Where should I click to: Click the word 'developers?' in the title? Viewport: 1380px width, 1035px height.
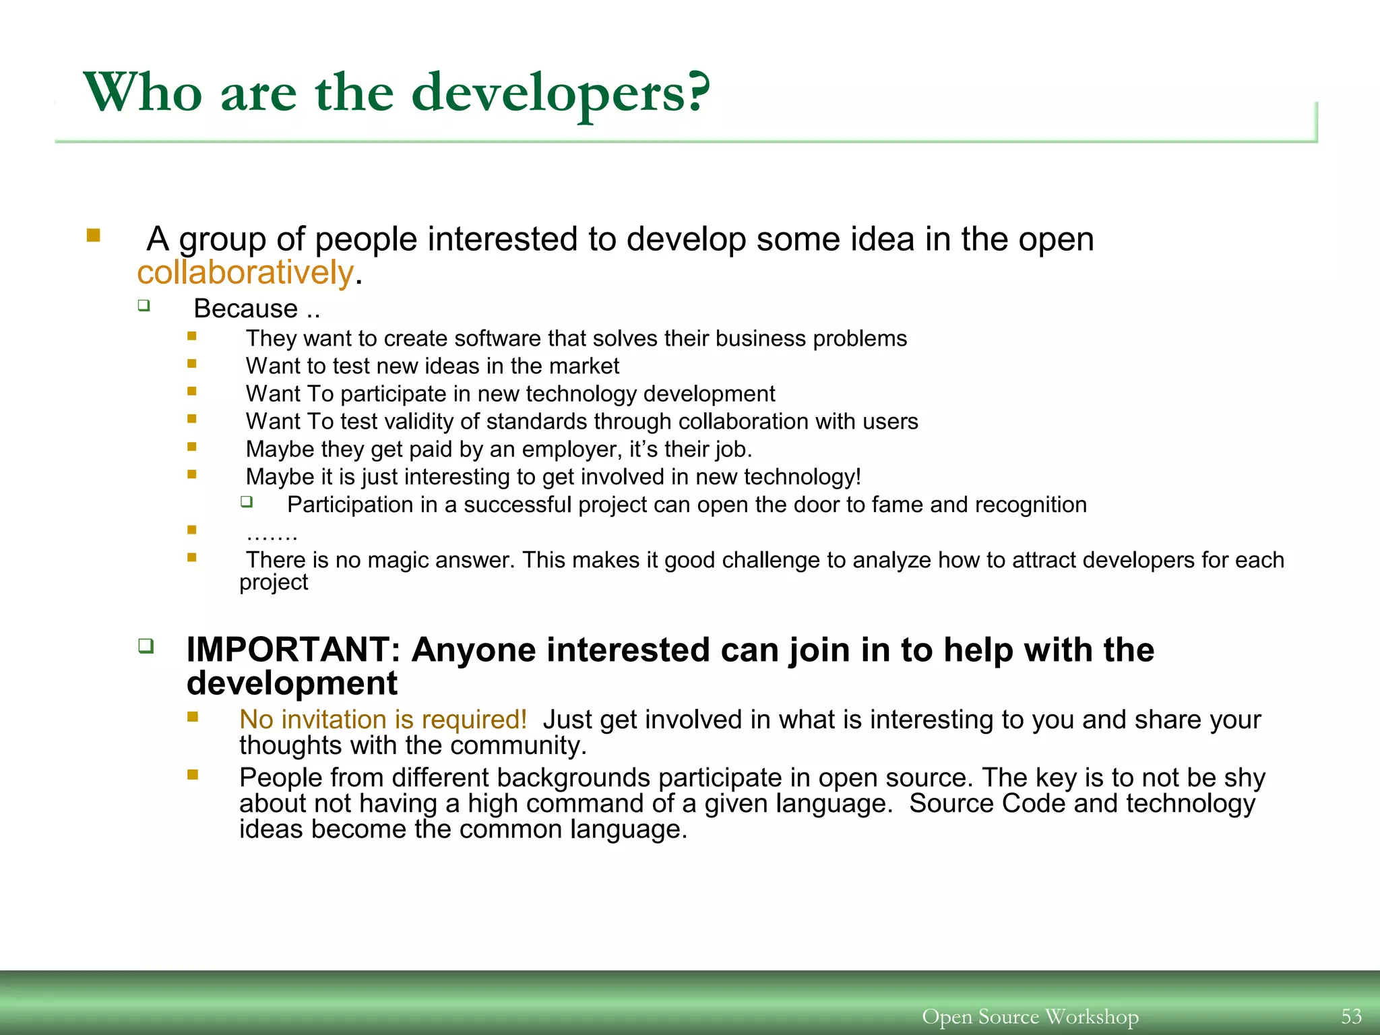coord(561,94)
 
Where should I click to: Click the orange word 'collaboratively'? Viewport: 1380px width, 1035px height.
coord(245,272)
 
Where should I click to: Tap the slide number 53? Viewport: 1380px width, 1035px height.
coord(1351,1015)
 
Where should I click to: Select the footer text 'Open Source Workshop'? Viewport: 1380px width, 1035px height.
coord(1030,1016)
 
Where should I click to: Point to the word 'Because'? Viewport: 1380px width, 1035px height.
coord(245,309)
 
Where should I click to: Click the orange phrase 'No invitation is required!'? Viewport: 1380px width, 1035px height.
coord(383,720)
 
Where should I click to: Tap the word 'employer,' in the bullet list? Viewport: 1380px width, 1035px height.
coord(572,449)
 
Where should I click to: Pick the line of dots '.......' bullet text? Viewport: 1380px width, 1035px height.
coord(272,534)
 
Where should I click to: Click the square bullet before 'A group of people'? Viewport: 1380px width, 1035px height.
coord(93,236)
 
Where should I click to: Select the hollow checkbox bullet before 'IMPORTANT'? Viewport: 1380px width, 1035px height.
coord(146,646)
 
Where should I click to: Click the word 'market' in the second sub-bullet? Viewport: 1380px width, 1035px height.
coord(586,366)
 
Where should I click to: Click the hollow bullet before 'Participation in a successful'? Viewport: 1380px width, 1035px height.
coord(247,501)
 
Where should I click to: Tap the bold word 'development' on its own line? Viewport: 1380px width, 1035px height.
coord(292,683)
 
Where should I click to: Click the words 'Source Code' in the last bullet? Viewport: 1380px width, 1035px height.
coord(986,803)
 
